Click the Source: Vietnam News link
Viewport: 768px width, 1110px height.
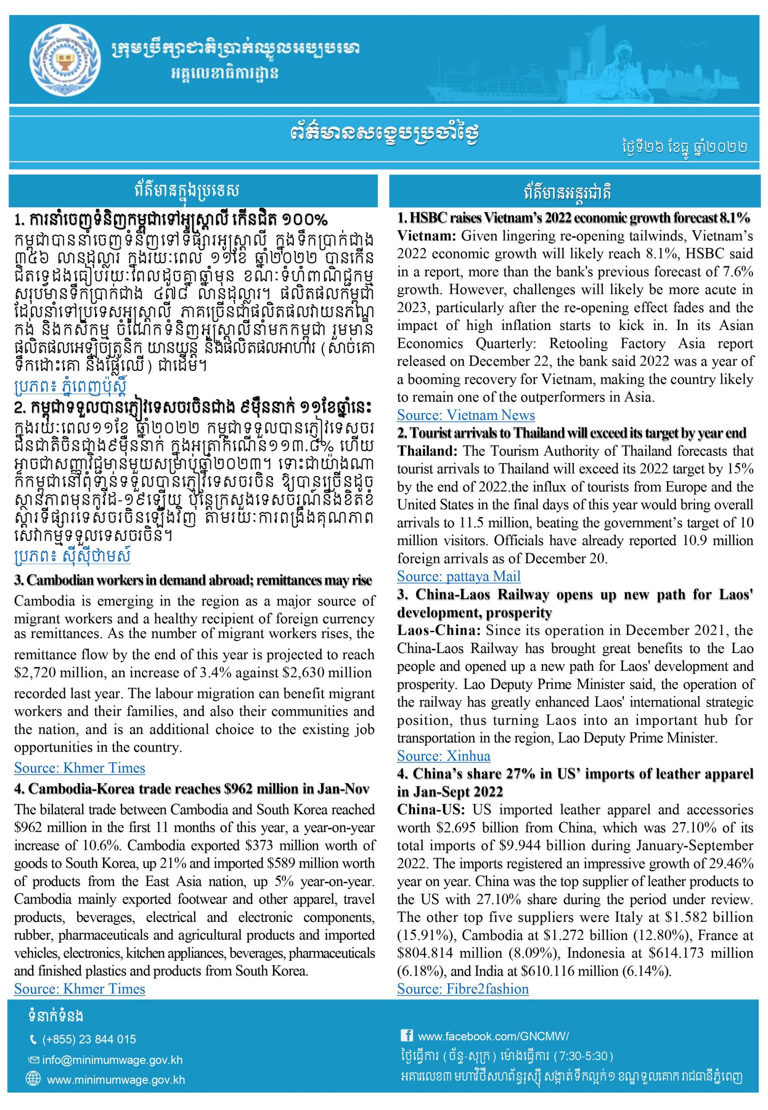point(465,415)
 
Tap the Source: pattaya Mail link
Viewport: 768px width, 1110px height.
point(458,576)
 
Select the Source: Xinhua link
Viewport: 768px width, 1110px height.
point(443,756)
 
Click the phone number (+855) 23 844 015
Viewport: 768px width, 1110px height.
point(89,1039)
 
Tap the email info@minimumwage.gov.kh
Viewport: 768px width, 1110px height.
point(112,1060)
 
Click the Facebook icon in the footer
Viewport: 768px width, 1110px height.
point(406,1035)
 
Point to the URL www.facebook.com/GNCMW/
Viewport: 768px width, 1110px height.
point(493,1036)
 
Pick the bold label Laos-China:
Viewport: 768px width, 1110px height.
point(439,630)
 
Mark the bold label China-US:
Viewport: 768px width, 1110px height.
point(432,810)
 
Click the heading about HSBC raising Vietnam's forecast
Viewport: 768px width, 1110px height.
point(573,218)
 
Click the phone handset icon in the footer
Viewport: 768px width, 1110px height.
point(33,1040)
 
